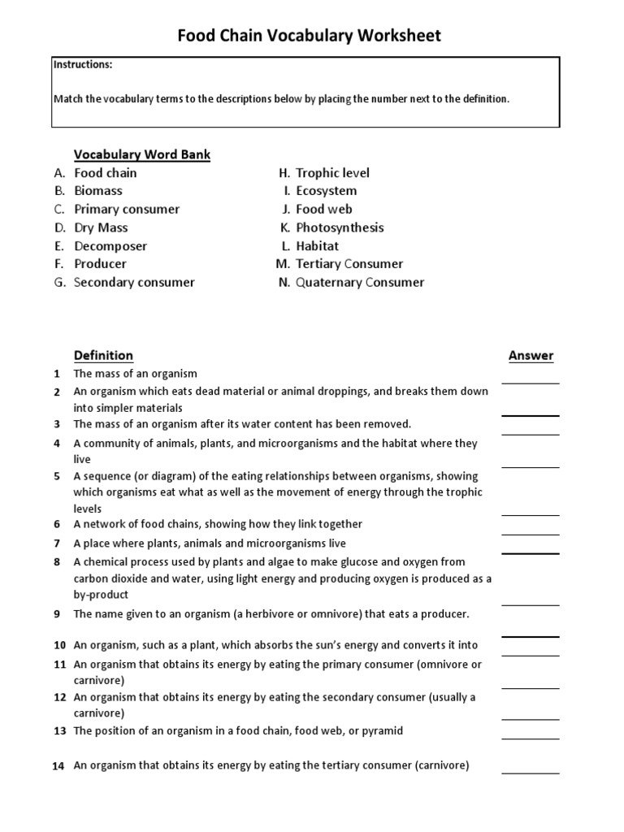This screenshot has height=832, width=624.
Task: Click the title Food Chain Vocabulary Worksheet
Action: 310,35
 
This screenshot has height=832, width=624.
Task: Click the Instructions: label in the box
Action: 83,63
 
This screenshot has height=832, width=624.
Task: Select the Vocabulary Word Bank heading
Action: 142,154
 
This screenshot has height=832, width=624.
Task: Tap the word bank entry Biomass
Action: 98,191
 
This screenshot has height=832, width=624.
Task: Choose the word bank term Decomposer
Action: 110,245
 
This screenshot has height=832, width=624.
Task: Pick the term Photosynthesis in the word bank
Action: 340,227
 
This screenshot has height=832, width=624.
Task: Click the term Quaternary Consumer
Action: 360,282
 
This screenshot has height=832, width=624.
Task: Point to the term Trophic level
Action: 332,173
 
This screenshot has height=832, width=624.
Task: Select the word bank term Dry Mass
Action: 101,227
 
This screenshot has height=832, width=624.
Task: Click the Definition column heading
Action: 103,355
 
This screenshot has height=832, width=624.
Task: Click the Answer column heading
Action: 531,355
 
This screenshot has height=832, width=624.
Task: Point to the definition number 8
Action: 57,562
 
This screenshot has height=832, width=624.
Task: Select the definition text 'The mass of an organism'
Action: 136,374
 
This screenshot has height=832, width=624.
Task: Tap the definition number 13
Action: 59,731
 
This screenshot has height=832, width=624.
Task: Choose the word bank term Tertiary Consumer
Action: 349,264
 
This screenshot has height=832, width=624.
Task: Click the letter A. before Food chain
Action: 59,173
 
